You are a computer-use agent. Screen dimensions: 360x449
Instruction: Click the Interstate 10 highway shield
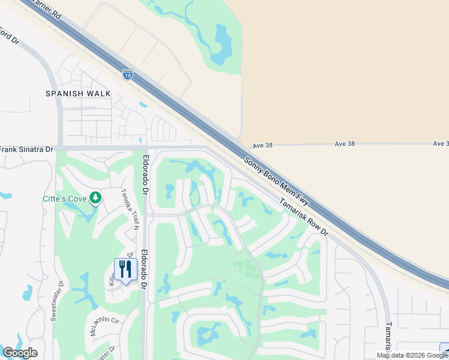pyautogui.click(x=127, y=74)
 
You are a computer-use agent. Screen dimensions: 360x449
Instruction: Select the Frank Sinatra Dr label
pyautogui.click(x=27, y=149)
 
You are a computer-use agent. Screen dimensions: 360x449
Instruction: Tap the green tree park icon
pyautogui.click(x=95, y=198)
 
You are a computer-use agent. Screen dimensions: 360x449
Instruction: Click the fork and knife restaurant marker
pyautogui.click(x=125, y=268)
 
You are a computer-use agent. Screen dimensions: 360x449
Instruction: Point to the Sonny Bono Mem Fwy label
pyautogui.click(x=277, y=180)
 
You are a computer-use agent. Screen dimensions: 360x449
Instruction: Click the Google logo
pyautogui.click(x=20, y=353)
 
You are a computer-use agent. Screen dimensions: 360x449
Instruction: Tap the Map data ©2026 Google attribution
pyautogui.click(x=412, y=355)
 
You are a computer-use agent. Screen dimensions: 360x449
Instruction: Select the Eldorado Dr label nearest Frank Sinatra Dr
pyautogui.click(x=145, y=175)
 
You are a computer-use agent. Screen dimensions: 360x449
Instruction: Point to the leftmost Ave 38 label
pyautogui.click(x=262, y=145)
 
